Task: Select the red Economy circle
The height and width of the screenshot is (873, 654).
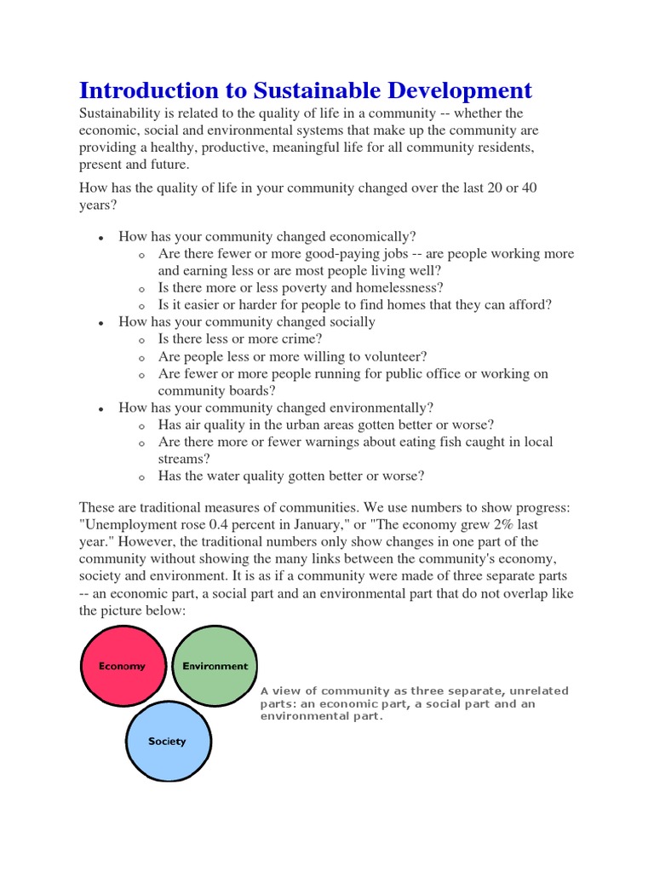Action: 122,666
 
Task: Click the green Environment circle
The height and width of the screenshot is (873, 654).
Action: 215,666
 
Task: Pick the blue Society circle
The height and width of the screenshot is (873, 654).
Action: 168,741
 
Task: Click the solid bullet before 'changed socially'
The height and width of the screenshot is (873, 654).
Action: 101,323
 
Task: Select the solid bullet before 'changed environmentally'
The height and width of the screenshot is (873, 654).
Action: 101,408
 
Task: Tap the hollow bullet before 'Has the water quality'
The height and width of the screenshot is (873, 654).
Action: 141,477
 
